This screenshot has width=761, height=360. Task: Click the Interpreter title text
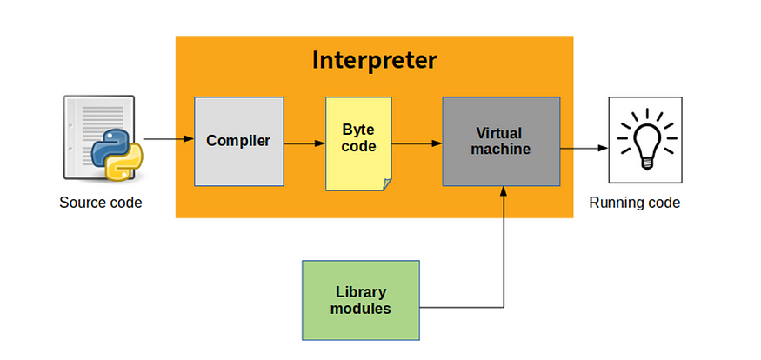point(374,61)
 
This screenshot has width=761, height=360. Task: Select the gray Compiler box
point(238,141)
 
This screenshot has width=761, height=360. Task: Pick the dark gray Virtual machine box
point(502,141)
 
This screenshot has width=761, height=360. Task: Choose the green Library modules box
point(360,300)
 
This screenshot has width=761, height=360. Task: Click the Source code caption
point(100,203)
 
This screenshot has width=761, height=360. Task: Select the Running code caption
point(635,203)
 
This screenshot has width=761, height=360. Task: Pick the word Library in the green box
point(360,291)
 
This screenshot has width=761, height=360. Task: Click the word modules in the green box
point(360,308)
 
